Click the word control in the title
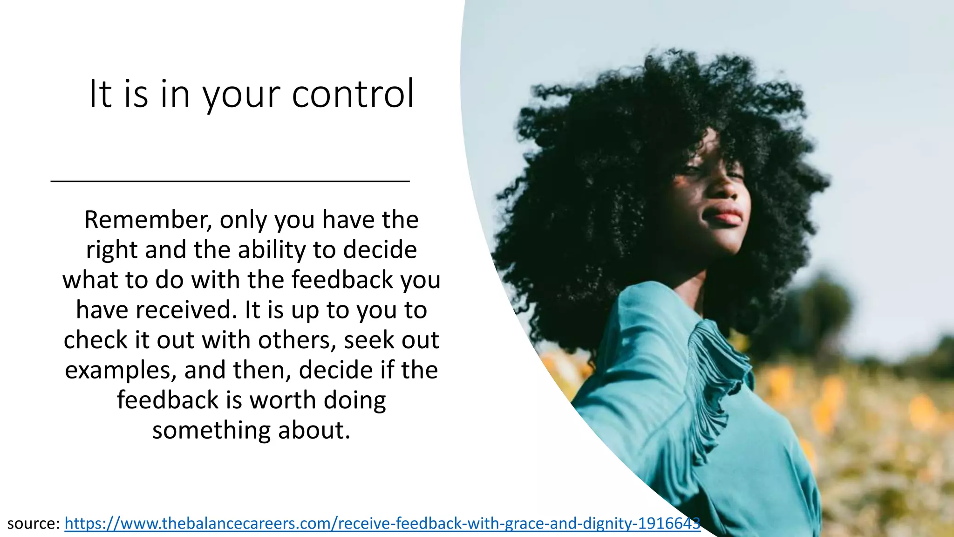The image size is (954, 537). coord(353,94)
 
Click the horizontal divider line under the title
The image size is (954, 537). coord(230,181)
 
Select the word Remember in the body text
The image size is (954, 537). coord(147,220)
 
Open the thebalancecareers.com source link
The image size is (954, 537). coord(382,523)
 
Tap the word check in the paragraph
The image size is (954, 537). coord(95,340)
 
